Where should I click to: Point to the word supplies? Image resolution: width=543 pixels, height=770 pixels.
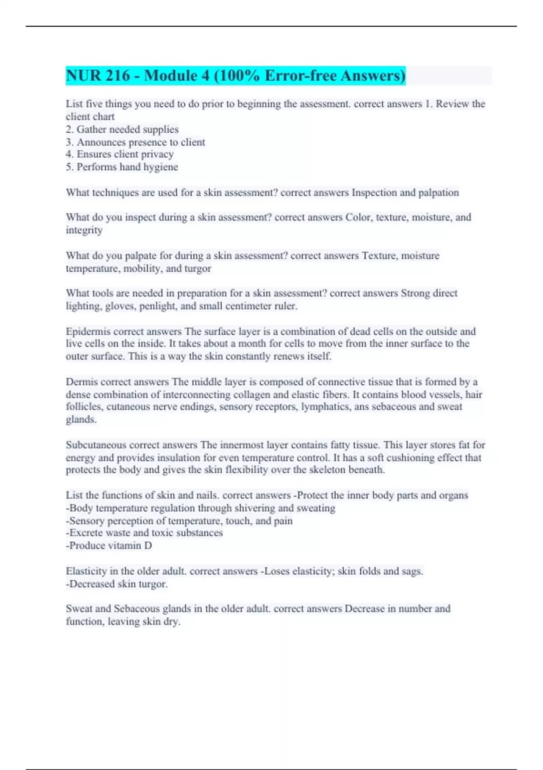(161, 130)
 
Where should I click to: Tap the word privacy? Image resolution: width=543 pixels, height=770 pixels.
(157, 154)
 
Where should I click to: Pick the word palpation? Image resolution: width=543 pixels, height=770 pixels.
(438, 192)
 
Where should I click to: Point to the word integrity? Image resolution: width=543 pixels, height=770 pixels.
(84, 230)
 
